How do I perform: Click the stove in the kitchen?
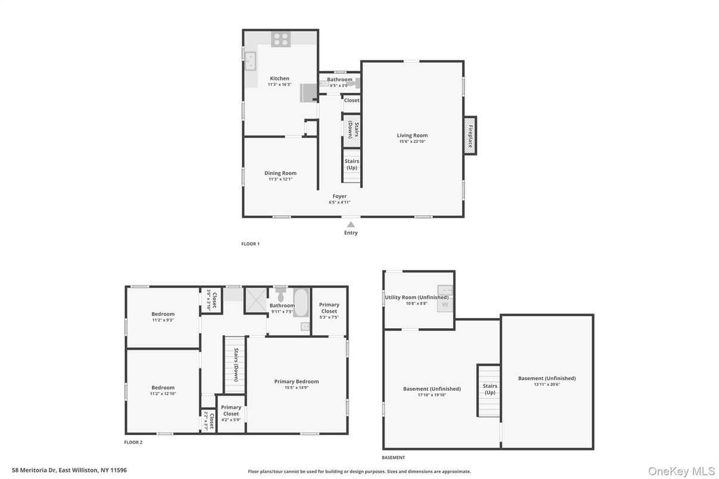pos(280,39)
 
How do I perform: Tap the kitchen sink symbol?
pos(250,60)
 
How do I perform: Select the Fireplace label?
pos(470,136)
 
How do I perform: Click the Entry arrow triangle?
pos(351,225)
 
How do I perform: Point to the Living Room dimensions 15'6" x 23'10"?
pos(413,141)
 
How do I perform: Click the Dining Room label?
pos(280,173)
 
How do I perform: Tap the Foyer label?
pos(339,196)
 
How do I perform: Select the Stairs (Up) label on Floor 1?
pos(352,164)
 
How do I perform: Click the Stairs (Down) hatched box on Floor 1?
pos(352,131)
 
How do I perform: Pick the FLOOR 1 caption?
pos(250,244)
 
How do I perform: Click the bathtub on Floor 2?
pos(300,302)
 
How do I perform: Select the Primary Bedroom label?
pos(296,381)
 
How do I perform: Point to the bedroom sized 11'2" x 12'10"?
pos(163,390)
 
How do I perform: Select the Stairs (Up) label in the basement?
pos(489,389)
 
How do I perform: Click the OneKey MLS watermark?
pos(681,471)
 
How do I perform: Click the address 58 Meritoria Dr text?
pos(69,470)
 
